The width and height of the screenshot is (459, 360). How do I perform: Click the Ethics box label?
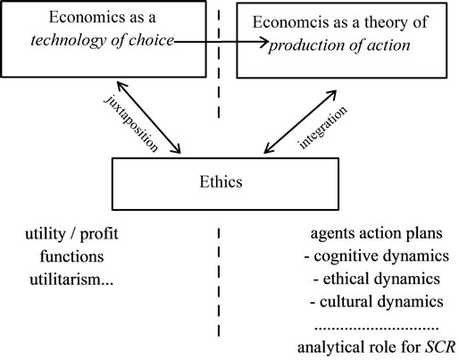pyautogui.click(x=221, y=181)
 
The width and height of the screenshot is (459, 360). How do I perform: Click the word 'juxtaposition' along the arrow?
pyautogui.click(x=131, y=123)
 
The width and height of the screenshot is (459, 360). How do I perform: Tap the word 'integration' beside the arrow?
pyautogui.click(x=323, y=127)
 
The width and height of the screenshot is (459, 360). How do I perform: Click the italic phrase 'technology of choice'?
pyautogui.click(x=102, y=40)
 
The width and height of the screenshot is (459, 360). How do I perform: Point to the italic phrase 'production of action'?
pyautogui.click(x=339, y=46)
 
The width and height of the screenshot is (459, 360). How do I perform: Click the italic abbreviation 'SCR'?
pyautogui.click(x=440, y=347)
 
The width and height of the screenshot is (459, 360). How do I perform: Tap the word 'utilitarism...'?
pyautogui.click(x=71, y=280)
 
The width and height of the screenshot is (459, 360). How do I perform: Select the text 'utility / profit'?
pyautogui.click(x=71, y=234)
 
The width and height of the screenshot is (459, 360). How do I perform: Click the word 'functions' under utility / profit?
pyautogui.click(x=71, y=256)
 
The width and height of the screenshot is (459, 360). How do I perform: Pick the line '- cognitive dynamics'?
pyautogui.click(x=377, y=256)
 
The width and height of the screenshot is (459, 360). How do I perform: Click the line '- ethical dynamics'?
pyautogui.click(x=377, y=279)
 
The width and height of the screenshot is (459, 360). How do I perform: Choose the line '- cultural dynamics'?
pyautogui.click(x=377, y=302)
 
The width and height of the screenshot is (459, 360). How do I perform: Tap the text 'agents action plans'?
pyautogui.click(x=377, y=233)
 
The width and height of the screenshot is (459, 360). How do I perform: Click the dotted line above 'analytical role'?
pyautogui.click(x=377, y=329)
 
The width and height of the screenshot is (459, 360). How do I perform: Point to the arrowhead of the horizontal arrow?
pyautogui.click(x=267, y=42)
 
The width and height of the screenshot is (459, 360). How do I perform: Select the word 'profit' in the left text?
pyautogui.click(x=99, y=234)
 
